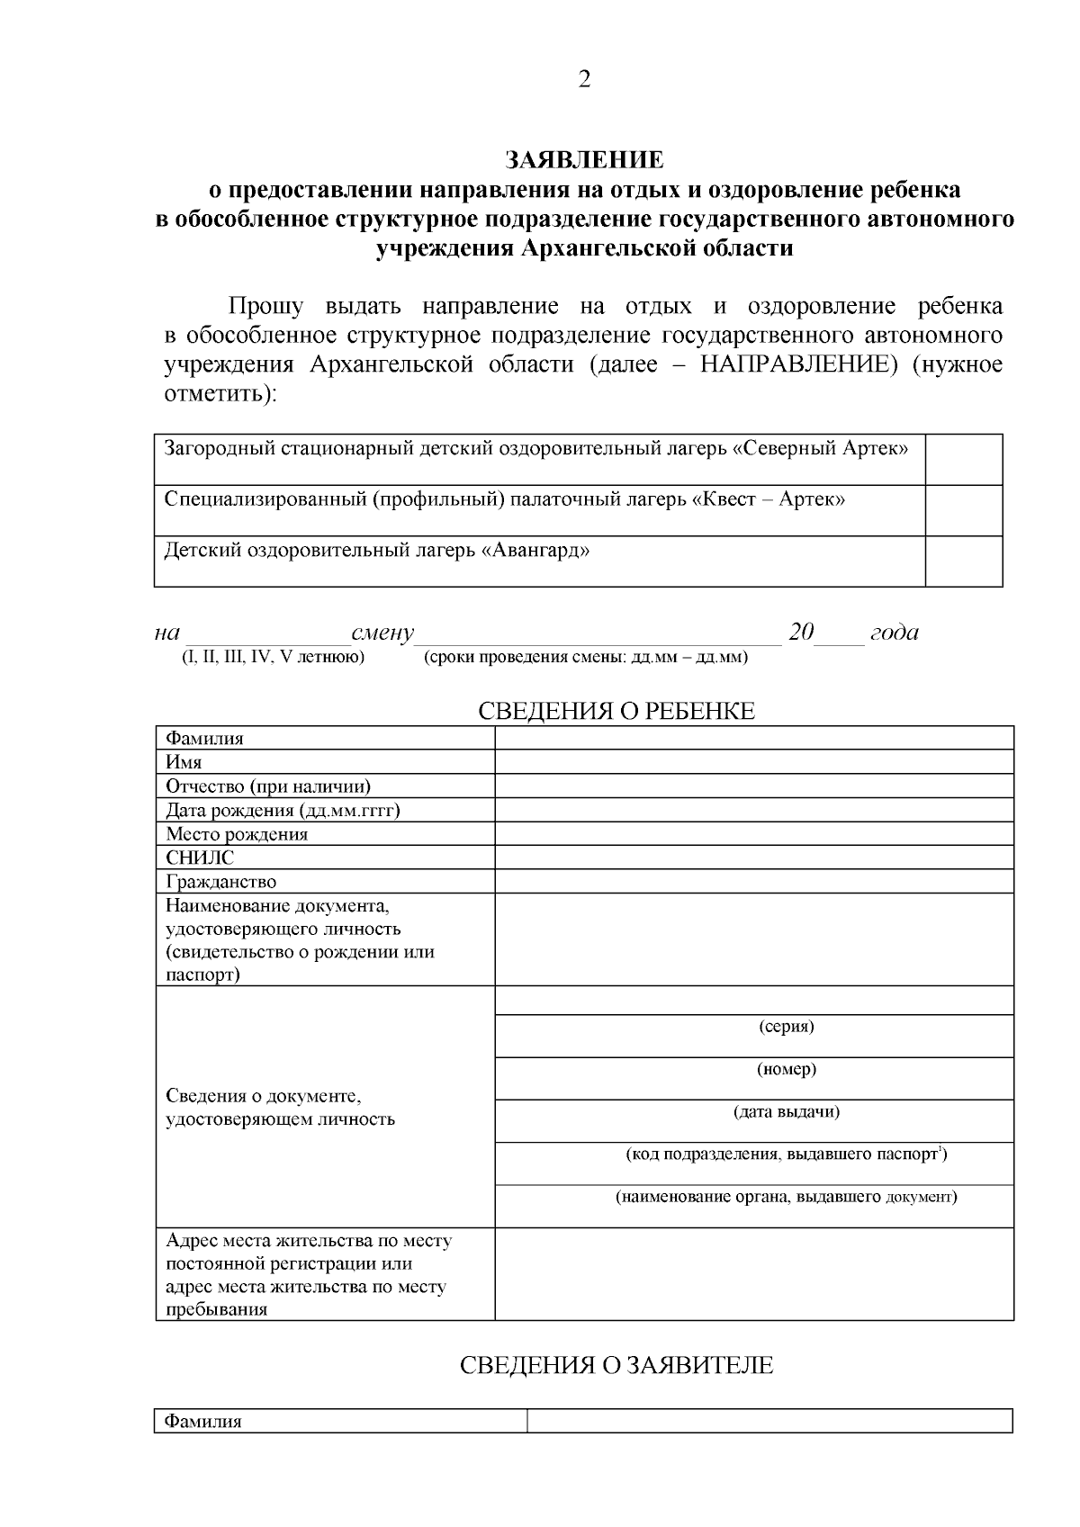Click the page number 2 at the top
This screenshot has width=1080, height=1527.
[x=584, y=80]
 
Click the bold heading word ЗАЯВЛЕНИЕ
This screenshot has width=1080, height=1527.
[x=584, y=160]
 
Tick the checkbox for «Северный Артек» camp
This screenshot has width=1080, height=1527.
[x=963, y=459]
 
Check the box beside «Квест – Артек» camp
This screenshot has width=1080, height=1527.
[x=963, y=510]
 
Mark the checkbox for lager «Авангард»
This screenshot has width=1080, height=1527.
[x=963, y=561]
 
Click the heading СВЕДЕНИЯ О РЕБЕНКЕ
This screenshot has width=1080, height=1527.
[x=616, y=711]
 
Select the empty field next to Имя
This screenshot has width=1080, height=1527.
[x=753, y=762]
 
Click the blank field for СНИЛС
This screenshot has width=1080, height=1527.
[x=753, y=858]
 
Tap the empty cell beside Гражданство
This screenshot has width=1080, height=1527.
[x=753, y=882]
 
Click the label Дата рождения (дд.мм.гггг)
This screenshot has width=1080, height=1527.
[x=283, y=810]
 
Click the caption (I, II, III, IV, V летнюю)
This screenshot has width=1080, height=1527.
[x=273, y=657]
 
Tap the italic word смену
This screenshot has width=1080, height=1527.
[x=382, y=633]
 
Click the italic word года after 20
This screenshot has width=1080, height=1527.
[x=894, y=633]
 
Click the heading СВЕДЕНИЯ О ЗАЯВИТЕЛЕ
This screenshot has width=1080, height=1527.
[x=616, y=1365]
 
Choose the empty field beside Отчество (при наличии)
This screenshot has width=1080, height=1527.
[x=753, y=786]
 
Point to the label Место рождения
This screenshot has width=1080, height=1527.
[x=237, y=834]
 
